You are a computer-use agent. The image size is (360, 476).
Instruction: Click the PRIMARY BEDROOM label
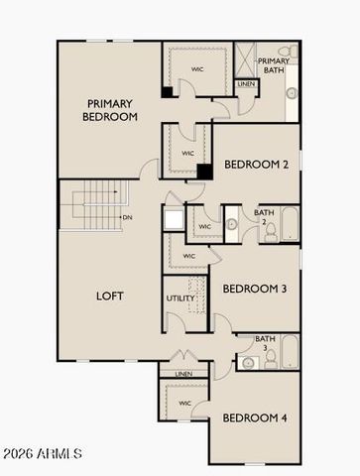click(x=110, y=110)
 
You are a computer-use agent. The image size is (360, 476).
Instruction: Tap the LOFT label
click(x=109, y=296)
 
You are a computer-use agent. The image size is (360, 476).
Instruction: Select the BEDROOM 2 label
click(x=256, y=165)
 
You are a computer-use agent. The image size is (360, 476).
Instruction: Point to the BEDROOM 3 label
click(x=254, y=289)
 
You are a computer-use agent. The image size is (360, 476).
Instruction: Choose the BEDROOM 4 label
click(x=254, y=418)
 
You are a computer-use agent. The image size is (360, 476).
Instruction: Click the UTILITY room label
click(x=180, y=297)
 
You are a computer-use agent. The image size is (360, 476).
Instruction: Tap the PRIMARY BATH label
click(x=274, y=65)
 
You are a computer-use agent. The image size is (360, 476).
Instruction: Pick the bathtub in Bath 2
click(x=288, y=224)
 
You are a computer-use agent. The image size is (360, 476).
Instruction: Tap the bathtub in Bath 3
click(x=289, y=351)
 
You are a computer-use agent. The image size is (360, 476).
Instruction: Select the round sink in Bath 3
click(x=246, y=363)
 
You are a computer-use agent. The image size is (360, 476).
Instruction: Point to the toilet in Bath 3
click(x=268, y=359)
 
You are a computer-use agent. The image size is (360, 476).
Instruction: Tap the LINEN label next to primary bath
click(x=246, y=84)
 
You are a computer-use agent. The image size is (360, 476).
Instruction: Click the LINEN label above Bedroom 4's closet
click(x=184, y=374)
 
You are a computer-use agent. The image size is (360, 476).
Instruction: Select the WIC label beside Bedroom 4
click(x=185, y=404)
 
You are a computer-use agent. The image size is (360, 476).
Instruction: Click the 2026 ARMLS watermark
click(x=43, y=454)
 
